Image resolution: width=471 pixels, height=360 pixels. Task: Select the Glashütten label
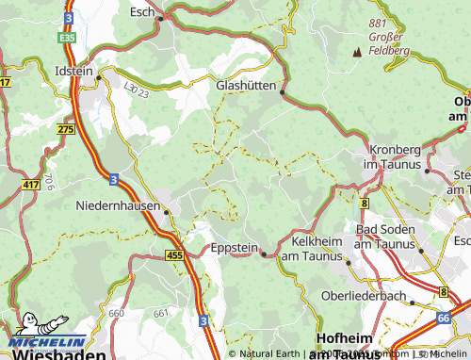pyautogui.click(x=247, y=85)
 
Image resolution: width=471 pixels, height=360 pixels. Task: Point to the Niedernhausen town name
pyautogui.click(x=118, y=203)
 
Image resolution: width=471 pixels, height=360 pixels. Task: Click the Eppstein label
pyautogui.click(x=233, y=250)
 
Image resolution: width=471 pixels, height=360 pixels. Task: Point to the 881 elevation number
pyautogui.click(x=380, y=23)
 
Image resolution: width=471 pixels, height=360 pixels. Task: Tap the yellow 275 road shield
pyautogui.click(x=65, y=129)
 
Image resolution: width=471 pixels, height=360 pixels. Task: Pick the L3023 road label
pyautogui.click(x=136, y=86)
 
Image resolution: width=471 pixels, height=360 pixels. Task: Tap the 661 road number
pyautogui.click(x=159, y=313)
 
